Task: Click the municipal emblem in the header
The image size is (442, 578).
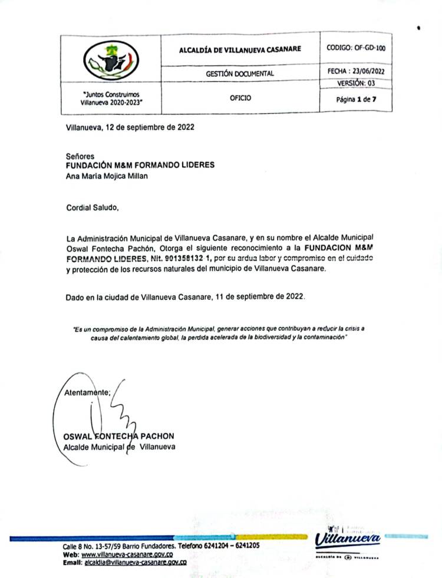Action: (111, 60)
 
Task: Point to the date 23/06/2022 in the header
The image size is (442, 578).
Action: (368, 71)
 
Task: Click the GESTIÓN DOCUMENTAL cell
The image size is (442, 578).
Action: (239, 74)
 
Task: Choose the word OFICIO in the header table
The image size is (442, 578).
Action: (240, 98)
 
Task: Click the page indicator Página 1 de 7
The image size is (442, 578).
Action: (355, 99)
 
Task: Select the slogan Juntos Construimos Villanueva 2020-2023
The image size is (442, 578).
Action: (111, 98)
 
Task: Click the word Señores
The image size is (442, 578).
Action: (80, 157)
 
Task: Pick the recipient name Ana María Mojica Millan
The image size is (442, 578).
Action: (107, 176)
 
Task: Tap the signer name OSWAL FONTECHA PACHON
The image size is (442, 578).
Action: (118, 436)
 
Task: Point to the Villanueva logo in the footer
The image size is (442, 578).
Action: (347, 540)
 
